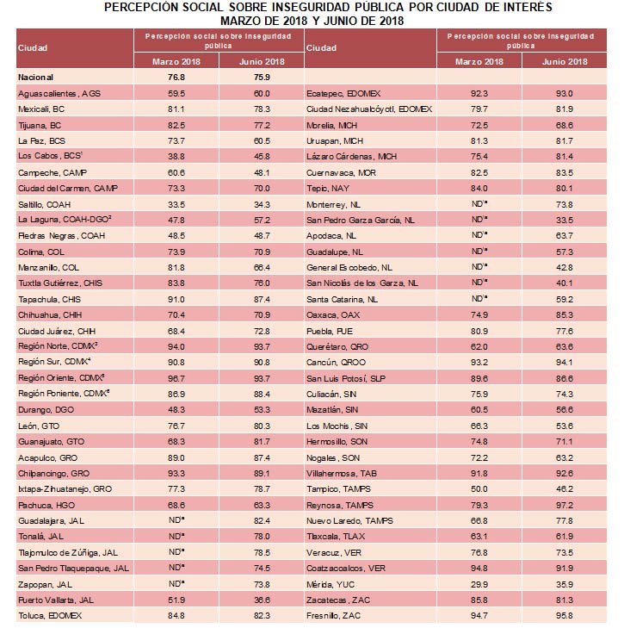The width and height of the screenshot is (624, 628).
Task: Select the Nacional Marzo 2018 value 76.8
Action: click(177, 76)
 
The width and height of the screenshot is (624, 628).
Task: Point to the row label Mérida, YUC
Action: click(328, 582)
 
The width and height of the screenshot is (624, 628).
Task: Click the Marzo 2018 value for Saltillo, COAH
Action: click(177, 204)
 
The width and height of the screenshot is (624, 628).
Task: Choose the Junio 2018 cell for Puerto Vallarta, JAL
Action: click(262, 599)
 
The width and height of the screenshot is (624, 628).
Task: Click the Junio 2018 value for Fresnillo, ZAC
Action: click(565, 615)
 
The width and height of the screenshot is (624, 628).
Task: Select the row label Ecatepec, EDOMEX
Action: click(341, 91)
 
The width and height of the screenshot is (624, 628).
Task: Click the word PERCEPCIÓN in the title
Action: click(143, 7)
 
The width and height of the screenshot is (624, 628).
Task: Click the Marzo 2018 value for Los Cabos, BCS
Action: click(177, 155)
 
